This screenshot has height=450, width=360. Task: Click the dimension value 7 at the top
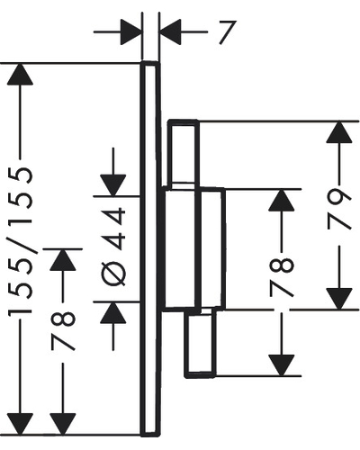tap(227, 32)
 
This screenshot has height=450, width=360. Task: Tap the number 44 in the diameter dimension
tap(112, 229)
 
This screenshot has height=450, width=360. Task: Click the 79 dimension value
tap(339, 210)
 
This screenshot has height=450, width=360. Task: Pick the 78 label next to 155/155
tap(63, 331)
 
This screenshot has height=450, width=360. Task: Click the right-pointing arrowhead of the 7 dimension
tap(131, 31)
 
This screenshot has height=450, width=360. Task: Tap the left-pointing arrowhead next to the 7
tap(170, 31)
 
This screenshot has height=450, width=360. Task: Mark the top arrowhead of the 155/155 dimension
tap(20, 75)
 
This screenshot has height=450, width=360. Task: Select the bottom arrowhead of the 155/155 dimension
tap(20, 424)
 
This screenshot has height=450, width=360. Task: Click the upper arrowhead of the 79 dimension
tap(339, 132)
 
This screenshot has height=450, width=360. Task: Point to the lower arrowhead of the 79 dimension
tap(339, 299)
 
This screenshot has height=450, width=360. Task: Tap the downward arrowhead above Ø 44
tap(113, 185)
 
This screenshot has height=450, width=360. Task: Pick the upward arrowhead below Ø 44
tap(113, 312)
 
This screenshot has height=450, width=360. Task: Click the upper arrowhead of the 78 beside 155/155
tap(63, 260)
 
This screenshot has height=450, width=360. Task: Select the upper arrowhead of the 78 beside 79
tap(282, 200)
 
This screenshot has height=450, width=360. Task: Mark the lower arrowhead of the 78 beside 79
tap(282, 365)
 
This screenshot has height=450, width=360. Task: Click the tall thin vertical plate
tap(150, 249)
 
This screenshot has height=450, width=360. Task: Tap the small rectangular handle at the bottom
tap(200, 343)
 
